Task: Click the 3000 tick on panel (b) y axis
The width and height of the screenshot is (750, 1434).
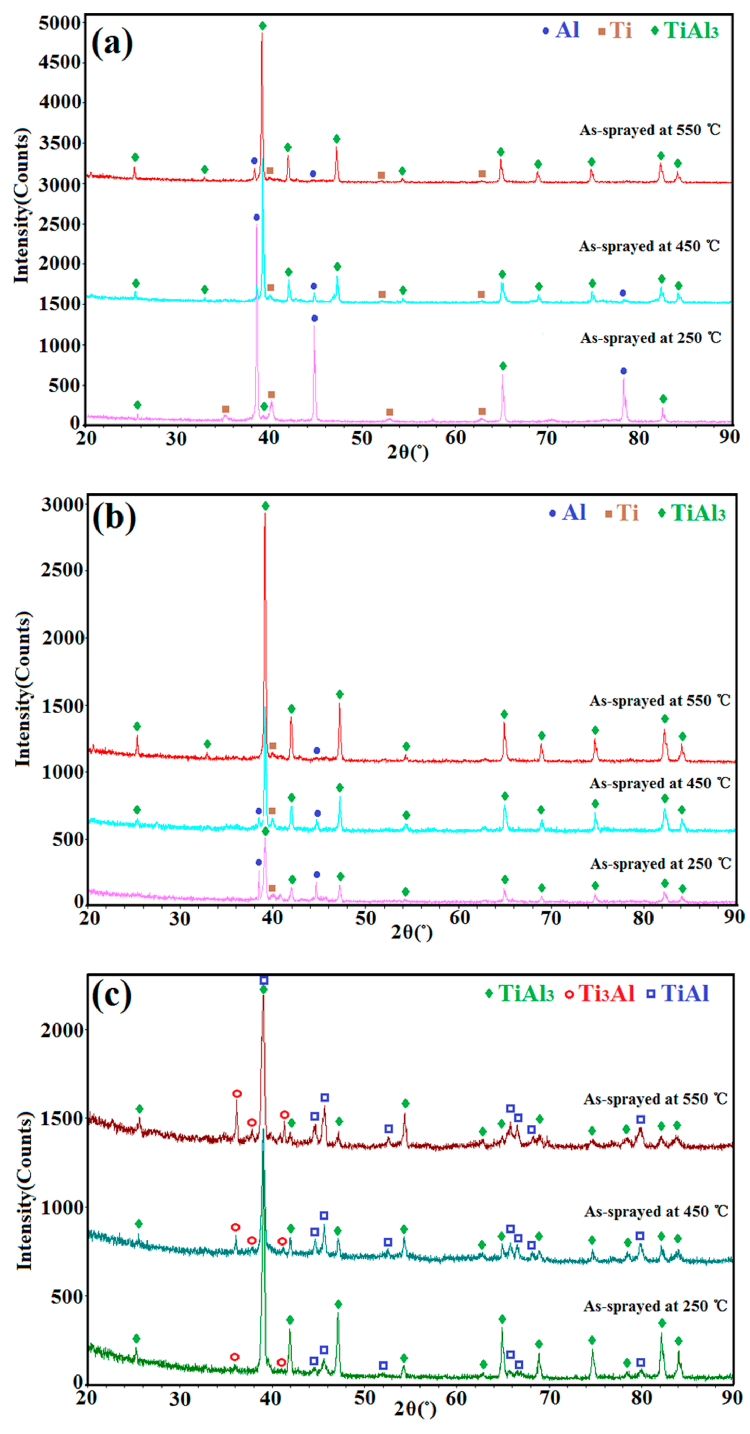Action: (x=62, y=505)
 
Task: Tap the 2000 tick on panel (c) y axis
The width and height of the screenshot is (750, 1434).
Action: (x=61, y=1030)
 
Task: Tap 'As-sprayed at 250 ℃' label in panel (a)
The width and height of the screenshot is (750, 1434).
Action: (x=650, y=338)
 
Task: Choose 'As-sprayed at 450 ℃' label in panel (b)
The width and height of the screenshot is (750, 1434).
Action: (x=660, y=783)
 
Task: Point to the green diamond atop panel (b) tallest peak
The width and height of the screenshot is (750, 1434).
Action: (x=266, y=506)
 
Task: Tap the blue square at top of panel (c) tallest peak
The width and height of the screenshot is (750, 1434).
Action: (x=264, y=980)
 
